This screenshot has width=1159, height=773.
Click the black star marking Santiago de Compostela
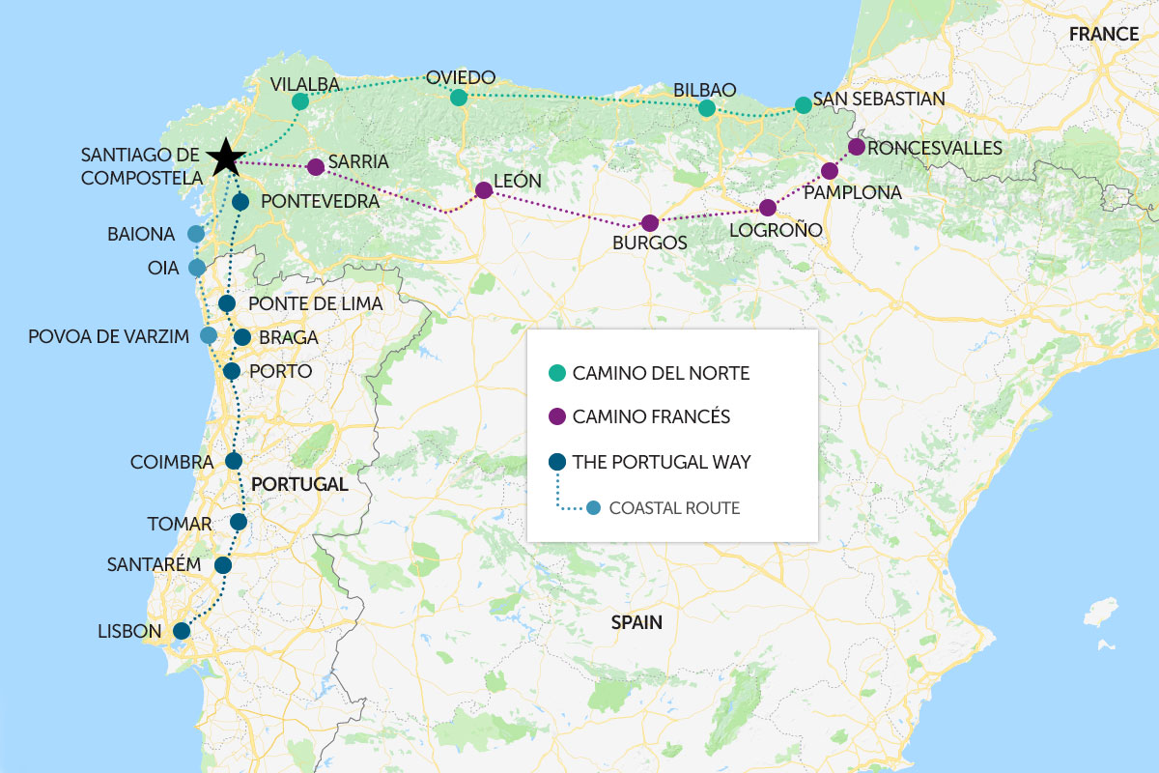[225, 156]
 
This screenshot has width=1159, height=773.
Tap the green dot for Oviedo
[459, 98]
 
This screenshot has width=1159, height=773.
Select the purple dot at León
[484, 191]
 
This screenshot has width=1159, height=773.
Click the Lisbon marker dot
[181, 631]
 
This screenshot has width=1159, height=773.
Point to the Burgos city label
[649, 243]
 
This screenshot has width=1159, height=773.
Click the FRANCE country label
[1103, 34]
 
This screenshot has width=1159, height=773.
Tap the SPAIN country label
[636, 623]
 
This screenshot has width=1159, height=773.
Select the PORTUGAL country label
[299, 484]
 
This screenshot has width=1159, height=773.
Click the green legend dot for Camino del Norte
[555, 373]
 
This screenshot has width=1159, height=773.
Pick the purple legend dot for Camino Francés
[555, 417]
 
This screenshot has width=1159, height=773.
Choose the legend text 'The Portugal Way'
[661, 462]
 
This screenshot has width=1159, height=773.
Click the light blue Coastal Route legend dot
[593, 507]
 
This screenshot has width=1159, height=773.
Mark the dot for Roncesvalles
[856, 147]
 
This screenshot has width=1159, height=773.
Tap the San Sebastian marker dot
[803, 104]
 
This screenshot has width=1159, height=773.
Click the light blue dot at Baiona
[196, 234]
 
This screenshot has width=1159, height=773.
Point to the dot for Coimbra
[233, 461]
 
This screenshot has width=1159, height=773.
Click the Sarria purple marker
[315, 167]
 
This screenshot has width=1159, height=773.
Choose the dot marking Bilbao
[707, 108]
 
